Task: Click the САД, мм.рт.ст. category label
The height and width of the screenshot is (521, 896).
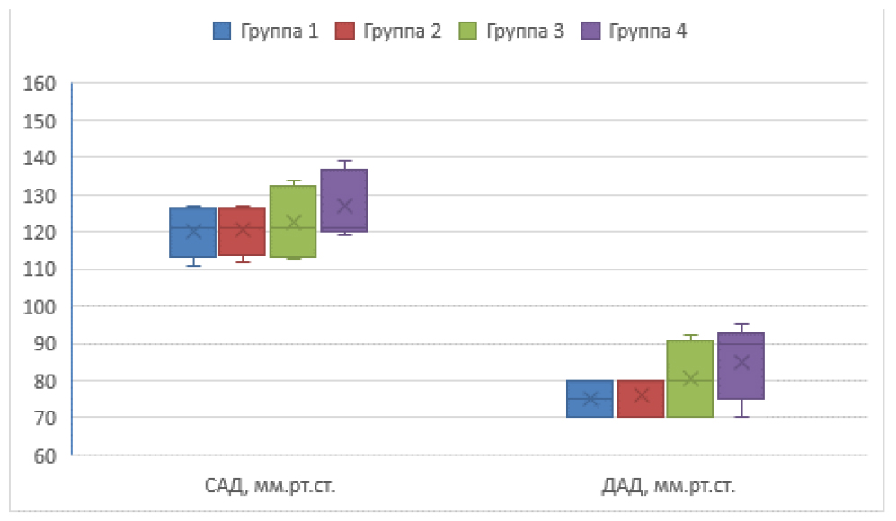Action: [x=271, y=488]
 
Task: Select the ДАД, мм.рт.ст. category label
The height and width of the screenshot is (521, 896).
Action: [x=668, y=488]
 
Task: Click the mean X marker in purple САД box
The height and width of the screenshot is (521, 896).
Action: [x=343, y=206]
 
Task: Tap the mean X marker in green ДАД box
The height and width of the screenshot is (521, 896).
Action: [x=690, y=379]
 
